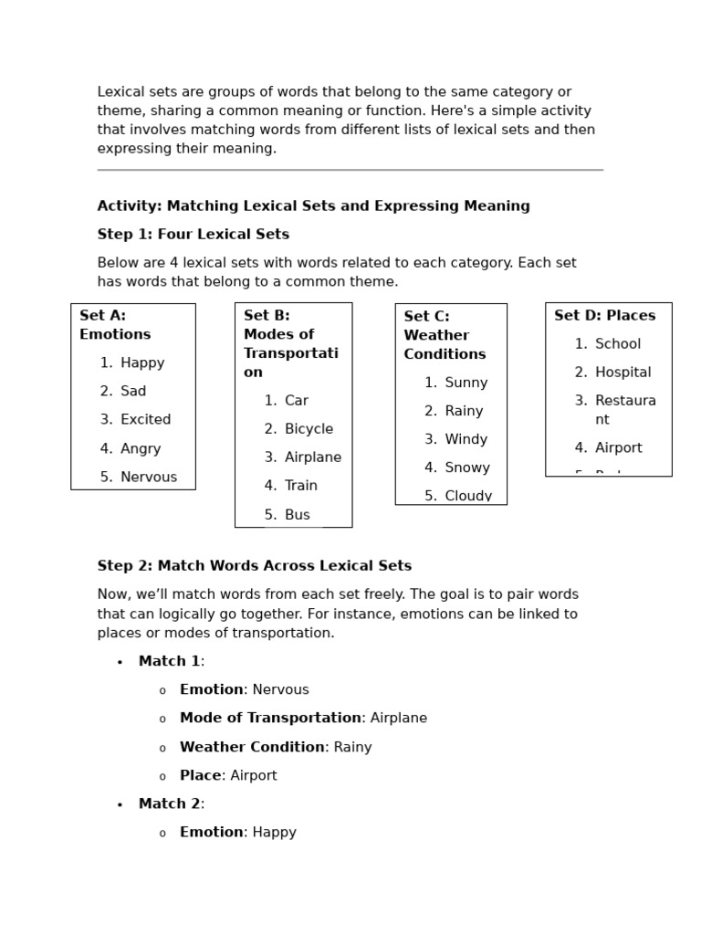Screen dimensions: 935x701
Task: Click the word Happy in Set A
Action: coord(142,362)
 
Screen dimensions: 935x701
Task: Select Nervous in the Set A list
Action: coord(149,477)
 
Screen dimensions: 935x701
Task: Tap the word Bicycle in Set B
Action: coord(309,428)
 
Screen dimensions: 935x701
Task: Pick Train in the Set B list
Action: coord(301,486)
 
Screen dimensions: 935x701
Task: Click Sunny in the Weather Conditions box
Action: coord(466,383)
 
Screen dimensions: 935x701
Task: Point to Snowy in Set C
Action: coord(467,467)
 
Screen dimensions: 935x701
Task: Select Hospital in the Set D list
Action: coord(623,372)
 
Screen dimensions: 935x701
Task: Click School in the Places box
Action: coord(618,343)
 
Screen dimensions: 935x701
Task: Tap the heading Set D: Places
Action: coord(604,315)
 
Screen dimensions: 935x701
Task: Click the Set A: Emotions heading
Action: coord(115,325)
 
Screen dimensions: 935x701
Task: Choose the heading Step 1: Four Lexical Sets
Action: coord(194,234)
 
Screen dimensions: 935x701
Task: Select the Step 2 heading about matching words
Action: coord(255,565)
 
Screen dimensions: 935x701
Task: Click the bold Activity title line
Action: coord(313,205)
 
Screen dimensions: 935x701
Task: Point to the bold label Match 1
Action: coord(169,661)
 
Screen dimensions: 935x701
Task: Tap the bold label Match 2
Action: coord(169,804)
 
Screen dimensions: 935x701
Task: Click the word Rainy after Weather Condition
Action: coord(352,747)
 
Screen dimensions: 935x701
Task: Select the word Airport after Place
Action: coord(254,775)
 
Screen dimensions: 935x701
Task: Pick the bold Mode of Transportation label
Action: coord(270,718)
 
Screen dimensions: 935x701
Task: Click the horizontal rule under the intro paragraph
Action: coord(350,170)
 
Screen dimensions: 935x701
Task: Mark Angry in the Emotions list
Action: coord(141,448)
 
